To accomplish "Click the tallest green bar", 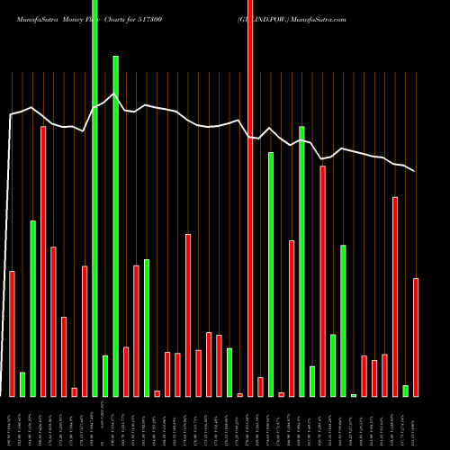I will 94,198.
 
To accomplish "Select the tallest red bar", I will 250,198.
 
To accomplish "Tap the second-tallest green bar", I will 115,225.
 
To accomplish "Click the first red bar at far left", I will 12,333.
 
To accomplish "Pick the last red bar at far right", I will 416,337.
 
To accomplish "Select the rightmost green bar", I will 405,391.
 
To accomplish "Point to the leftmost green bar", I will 22,384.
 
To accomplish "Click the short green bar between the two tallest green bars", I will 105,376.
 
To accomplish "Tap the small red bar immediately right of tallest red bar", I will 260,387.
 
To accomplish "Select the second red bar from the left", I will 43,261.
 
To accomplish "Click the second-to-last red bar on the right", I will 395,296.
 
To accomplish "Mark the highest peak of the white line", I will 113,93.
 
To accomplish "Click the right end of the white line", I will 416,171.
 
